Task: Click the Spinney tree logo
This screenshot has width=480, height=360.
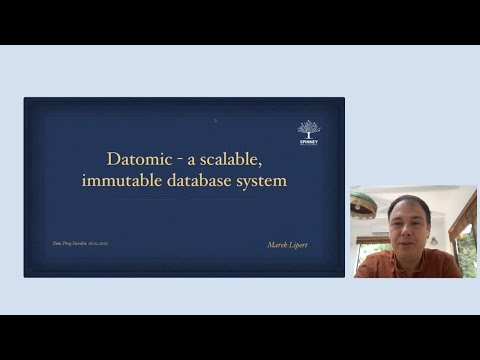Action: (309, 129)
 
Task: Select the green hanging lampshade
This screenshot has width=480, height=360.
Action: (363, 200)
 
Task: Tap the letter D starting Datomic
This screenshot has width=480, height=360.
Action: (112, 159)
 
